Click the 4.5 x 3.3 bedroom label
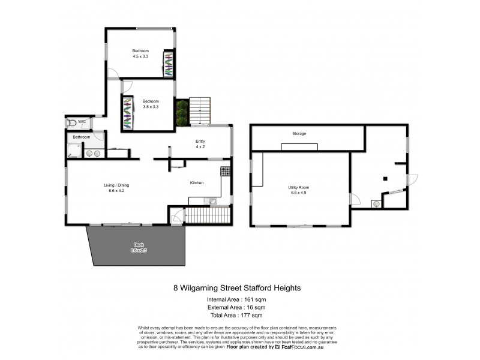pos(140,53)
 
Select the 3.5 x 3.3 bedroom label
pos(150,103)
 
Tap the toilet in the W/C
pos(72,122)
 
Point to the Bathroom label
pos(81,137)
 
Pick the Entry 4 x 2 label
pos(200,145)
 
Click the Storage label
pos(299,133)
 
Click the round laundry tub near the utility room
pos(376,203)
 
